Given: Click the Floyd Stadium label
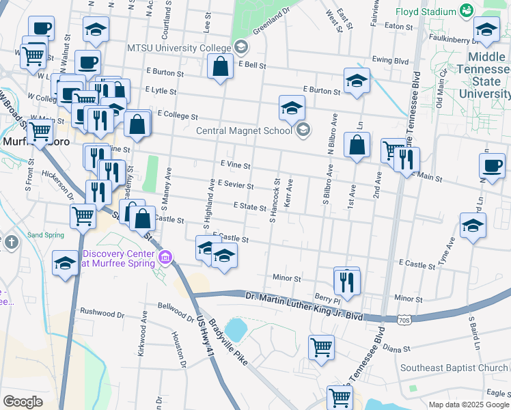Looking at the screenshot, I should tap(428, 12).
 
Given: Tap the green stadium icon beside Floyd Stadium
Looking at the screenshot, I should tap(467, 11).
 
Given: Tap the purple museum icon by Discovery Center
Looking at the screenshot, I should tap(165, 257).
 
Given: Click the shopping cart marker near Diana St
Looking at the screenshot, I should tap(321, 346).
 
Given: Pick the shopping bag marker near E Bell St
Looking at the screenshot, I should tap(220, 68).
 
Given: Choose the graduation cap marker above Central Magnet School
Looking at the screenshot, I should tap(292, 109).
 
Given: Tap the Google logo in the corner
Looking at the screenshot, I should tap(23, 402).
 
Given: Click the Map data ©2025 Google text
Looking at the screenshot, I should tap(469, 405).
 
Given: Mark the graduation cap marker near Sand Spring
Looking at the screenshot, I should tap(65, 263).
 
